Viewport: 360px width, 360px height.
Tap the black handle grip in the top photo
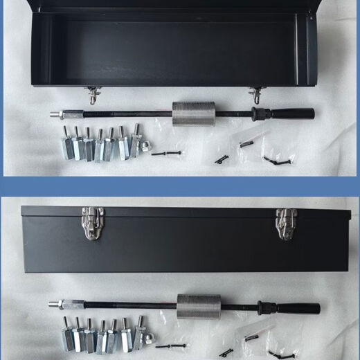pyautogui.click(x=291, y=113)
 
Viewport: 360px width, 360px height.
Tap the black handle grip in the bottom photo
pyautogui.click(x=296, y=308)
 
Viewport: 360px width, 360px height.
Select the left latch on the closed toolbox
pyautogui.click(x=89, y=223)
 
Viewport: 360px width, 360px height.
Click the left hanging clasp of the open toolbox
pyautogui.click(x=93, y=94)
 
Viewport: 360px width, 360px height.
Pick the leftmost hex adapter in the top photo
pyautogui.click(x=66, y=147)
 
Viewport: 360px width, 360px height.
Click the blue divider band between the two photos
pyautogui.click(x=180, y=186)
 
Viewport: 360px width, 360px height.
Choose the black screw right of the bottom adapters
pyautogui.click(x=170, y=345)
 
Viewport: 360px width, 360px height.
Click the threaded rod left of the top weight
pyautogui.click(x=125, y=113)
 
